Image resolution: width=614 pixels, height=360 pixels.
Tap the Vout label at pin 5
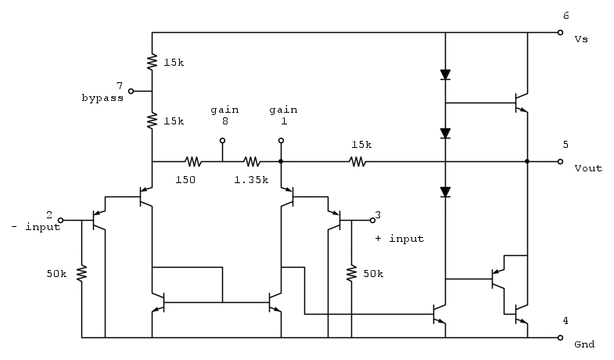[x=587, y=168]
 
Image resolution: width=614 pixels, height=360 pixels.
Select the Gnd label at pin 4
[x=584, y=344]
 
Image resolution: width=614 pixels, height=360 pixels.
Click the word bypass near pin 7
[x=102, y=99]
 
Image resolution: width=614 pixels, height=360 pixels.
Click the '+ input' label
[x=400, y=239]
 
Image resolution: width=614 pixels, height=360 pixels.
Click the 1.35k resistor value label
[x=250, y=180]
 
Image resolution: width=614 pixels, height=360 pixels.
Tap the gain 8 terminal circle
[x=222, y=142]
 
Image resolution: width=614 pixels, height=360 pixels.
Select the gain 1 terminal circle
[x=280, y=142]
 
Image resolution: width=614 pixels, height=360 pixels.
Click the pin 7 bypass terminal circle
[x=131, y=91]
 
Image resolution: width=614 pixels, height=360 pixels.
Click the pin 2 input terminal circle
[x=61, y=221]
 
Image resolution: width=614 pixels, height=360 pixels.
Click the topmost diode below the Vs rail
[x=445, y=75]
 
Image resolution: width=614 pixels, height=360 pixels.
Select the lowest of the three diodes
[x=445, y=191]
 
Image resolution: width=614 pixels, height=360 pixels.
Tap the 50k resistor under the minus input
[x=81, y=274]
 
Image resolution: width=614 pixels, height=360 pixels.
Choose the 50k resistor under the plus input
[x=352, y=274]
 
